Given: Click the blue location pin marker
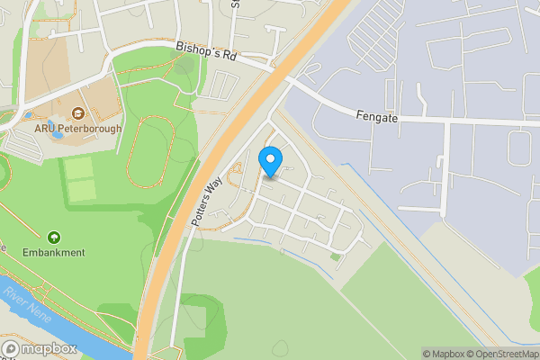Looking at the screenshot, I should pyautogui.click(x=269, y=162).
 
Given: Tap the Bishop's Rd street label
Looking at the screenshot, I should pyautogui.click(x=205, y=54).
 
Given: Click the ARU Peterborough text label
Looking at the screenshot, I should pyautogui.click(x=77, y=129).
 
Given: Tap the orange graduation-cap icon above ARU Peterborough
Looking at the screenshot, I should pyautogui.click(x=77, y=113).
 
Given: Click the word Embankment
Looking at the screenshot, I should pyautogui.click(x=54, y=253).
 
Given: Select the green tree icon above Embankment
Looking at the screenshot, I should pyautogui.click(x=54, y=238).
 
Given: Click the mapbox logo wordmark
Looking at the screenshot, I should pyautogui.click(x=43, y=347).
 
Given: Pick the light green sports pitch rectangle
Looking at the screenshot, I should pyautogui.click(x=81, y=178).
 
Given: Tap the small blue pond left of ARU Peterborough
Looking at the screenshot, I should pyautogui.click(x=31, y=117).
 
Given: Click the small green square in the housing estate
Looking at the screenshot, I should pyautogui.click(x=335, y=256).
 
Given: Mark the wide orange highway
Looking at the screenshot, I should pyautogui.click(x=180, y=243).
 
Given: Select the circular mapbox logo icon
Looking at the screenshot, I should pyautogui.click(x=11, y=347).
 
